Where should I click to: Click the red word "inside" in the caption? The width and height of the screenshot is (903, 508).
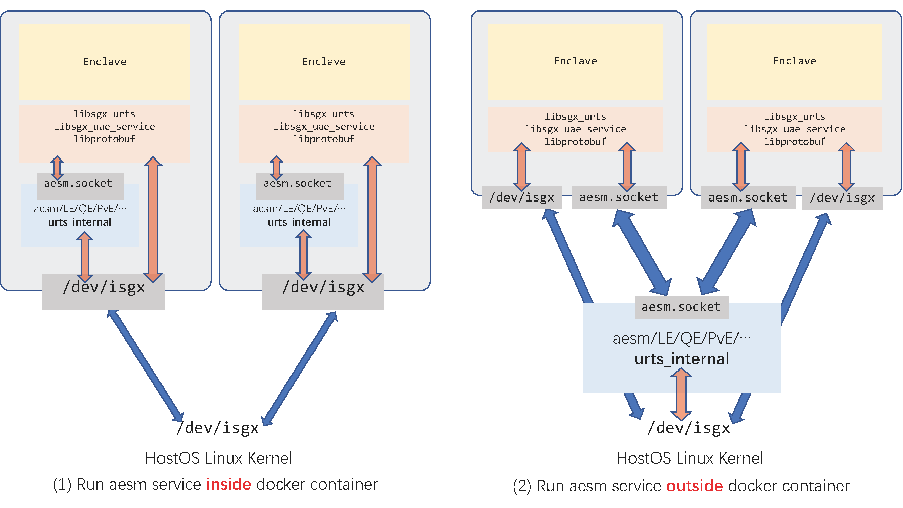229,484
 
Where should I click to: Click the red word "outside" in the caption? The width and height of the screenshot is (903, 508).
694,486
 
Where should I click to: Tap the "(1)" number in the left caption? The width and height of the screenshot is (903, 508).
62,485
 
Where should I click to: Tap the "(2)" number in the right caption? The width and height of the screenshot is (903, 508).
522,486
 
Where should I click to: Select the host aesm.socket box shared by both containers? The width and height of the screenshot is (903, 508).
682,307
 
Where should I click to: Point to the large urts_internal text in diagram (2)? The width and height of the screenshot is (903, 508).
682,359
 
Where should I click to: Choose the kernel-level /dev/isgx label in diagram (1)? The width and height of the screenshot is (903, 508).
218,428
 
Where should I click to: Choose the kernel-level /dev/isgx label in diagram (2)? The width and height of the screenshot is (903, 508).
689,428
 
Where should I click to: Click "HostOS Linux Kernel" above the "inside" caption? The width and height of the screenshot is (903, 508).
218,458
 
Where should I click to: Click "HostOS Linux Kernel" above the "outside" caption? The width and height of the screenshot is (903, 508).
689,458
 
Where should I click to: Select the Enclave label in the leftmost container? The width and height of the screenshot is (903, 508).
105,62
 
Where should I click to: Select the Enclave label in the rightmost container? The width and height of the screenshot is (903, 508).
794,61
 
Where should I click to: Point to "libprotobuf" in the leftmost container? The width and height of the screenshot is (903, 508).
105,139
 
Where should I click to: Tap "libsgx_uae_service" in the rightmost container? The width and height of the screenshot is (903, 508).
794,129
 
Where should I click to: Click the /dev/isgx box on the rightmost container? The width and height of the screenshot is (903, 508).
842,198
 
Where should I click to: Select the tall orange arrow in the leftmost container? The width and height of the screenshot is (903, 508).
153,219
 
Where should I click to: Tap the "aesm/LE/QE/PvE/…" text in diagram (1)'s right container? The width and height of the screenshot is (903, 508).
299,209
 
